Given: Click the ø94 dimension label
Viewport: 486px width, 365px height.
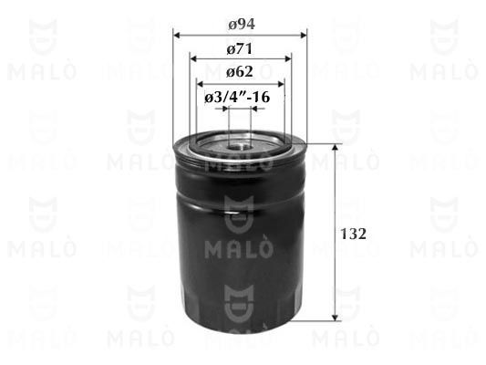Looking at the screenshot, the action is click(x=242, y=25).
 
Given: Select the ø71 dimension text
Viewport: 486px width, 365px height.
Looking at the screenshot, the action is click(x=240, y=49).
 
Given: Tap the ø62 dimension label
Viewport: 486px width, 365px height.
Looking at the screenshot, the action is click(x=240, y=72).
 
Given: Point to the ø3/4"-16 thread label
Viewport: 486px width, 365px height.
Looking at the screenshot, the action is click(x=237, y=97).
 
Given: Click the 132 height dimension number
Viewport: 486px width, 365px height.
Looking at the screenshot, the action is click(x=354, y=234).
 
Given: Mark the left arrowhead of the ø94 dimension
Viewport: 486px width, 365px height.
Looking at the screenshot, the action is click(x=177, y=35).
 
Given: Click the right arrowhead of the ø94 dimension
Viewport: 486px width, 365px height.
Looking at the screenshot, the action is click(x=303, y=35).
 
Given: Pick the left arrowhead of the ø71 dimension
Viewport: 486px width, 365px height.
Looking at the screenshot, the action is click(x=193, y=58).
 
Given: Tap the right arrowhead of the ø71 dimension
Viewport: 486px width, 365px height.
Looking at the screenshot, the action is click(x=287, y=58).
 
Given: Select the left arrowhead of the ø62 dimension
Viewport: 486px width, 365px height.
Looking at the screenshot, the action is click(x=201, y=84).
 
